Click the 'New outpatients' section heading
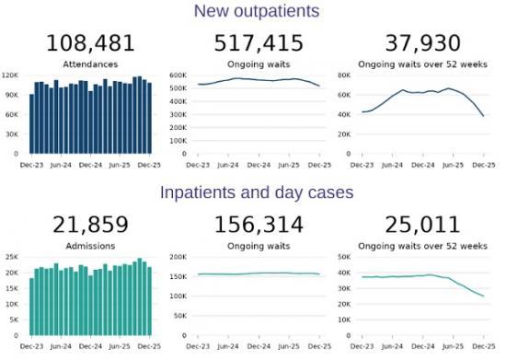point(256,11)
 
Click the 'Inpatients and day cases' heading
point(256,193)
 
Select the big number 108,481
point(91,43)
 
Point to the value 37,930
point(423,43)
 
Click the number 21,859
point(91,226)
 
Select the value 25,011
point(423,226)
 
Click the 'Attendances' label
point(91,64)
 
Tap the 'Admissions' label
point(91,247)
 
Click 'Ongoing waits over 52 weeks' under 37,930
point(423,64)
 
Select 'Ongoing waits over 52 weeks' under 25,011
point(423,247)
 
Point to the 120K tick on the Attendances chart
point(12,75)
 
